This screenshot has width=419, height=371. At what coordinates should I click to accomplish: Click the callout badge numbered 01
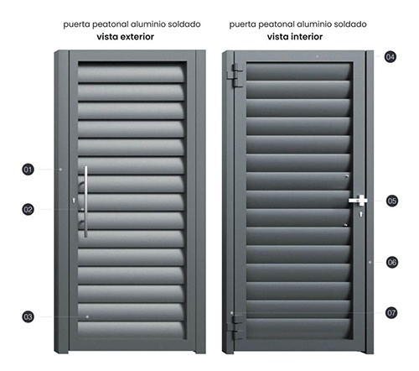point(28,170)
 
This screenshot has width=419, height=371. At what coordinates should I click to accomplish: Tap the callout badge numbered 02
point(28,209)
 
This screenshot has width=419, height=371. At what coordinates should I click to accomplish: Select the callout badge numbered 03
point(28,316)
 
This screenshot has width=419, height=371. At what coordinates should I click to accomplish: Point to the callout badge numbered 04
point(391,57)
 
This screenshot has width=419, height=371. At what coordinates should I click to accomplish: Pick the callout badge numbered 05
point(392,201)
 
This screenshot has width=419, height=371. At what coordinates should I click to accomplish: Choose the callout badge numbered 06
point(392,262)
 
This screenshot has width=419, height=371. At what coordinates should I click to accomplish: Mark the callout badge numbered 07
point(391,312)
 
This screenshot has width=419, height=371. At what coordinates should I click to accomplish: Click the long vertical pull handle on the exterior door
point(85,201)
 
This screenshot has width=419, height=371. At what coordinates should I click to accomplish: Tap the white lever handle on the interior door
point(358,200)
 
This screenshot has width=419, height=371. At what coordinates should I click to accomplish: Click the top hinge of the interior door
point(235,76)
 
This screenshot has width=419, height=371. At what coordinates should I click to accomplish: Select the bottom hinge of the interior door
point(235,327)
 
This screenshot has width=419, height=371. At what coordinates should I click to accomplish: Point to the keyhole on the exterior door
point(74,201)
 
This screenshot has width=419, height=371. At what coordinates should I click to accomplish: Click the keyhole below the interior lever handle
point(361,215)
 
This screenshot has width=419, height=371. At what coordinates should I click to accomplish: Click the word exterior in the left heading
point(137,37)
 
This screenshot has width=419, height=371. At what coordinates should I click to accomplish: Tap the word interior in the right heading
point(307,37)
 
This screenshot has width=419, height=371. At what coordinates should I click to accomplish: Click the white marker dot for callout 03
point(87,316)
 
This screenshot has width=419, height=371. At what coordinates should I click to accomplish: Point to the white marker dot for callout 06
point(370,262)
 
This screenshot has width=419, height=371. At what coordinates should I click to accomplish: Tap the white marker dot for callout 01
point(60,170)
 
